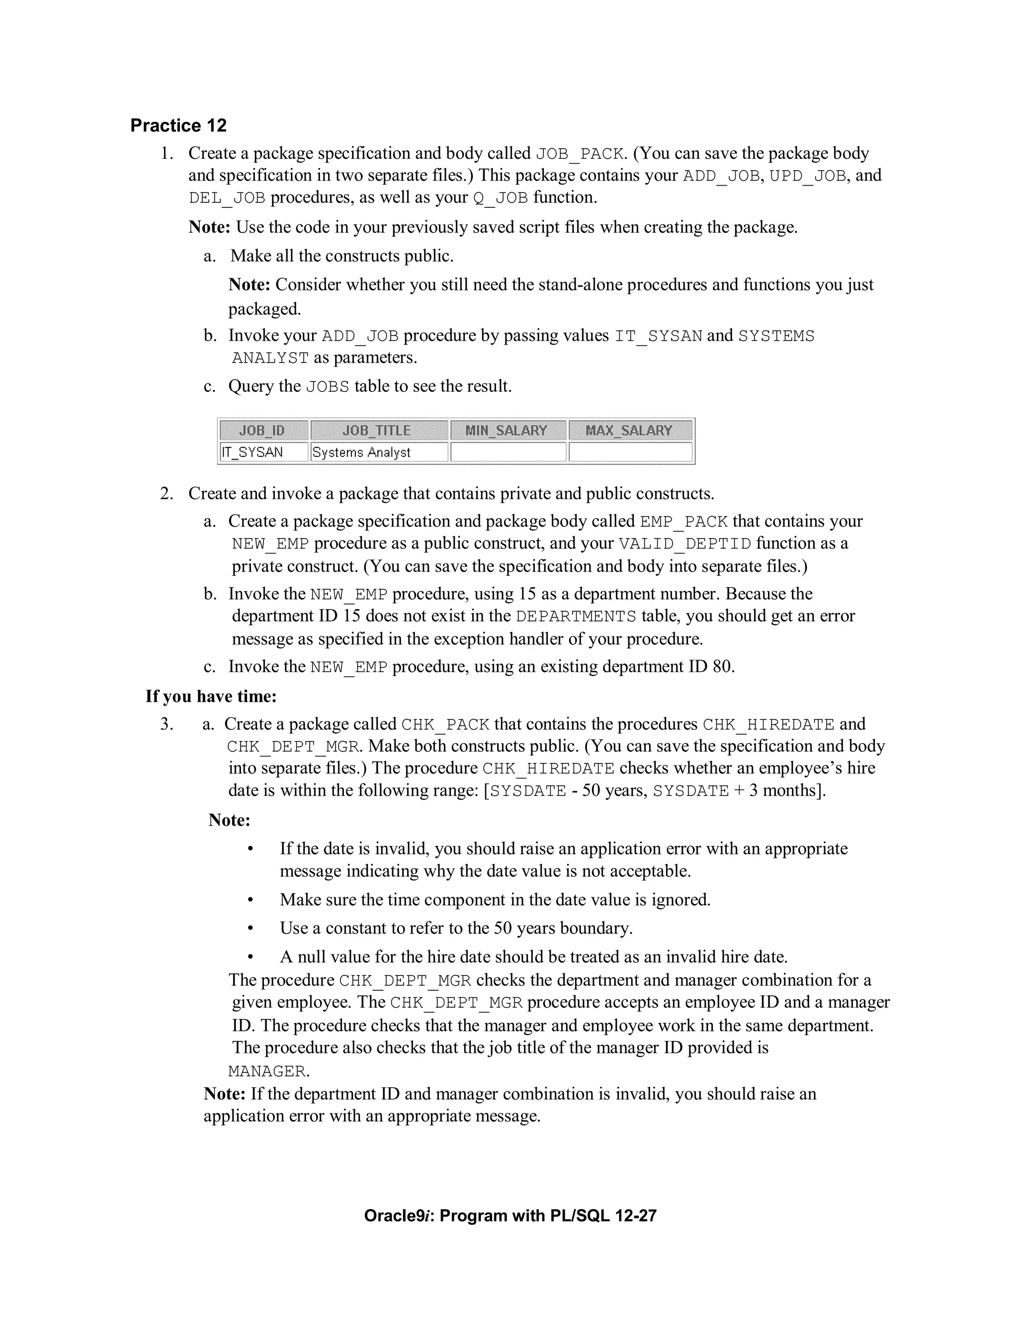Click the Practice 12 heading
[178, 125]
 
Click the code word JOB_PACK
[579, 155]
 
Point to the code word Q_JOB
[501, 198]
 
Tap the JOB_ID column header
[262, 430]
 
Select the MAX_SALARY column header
[628, 430]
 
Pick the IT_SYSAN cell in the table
[252, 452]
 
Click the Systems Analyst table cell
[361, 452]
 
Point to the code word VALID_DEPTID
[685, 544]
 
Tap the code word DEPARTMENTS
[576, 617]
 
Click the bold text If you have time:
[211, 696]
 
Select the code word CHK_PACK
[445, 725]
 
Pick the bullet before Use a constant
[250, 929]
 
